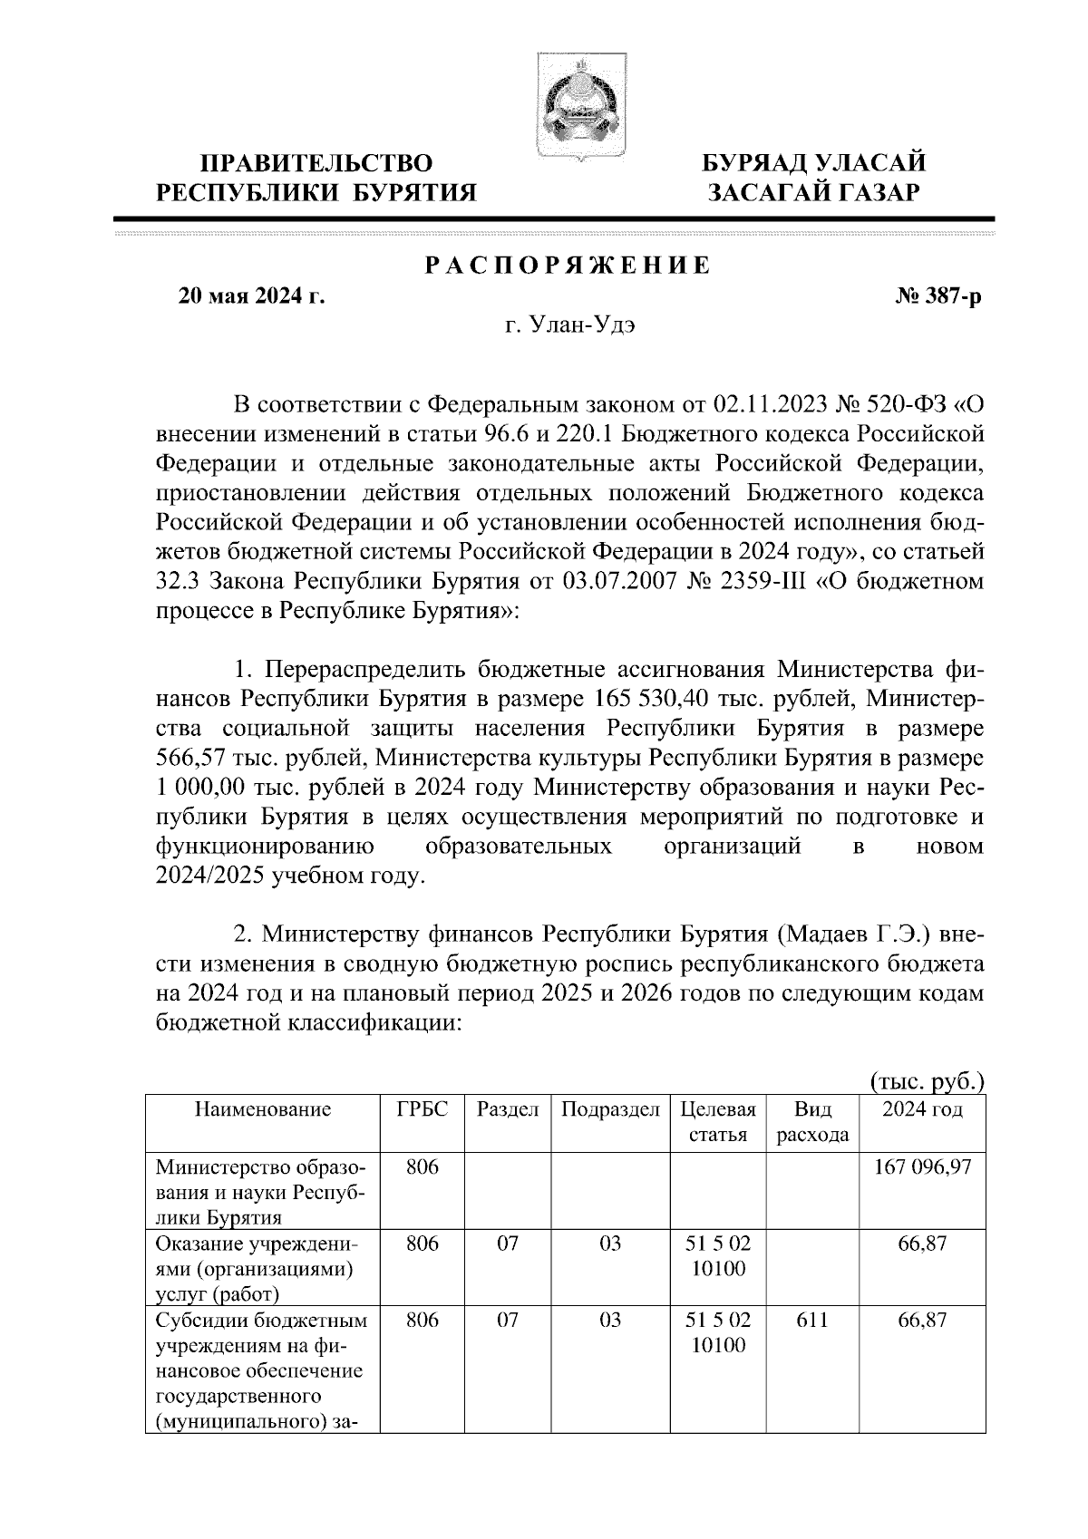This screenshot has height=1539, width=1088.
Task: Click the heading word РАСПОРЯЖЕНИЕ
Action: click(x=568, y=266)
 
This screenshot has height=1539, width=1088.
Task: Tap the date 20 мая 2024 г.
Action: click(x=251, y=296)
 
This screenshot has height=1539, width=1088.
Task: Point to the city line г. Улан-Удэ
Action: click(x=570, y=327)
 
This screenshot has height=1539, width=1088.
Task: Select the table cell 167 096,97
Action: click(x=922, y=1167)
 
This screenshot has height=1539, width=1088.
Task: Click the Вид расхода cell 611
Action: click(x=812, y=1321)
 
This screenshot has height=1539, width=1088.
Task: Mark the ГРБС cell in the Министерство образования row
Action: click(x=423, y=1167)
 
